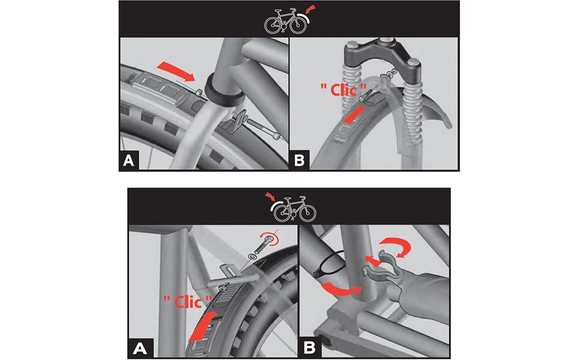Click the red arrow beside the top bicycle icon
(310, 10)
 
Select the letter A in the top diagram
(128, 160)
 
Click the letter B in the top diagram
(299, 160)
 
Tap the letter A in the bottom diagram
(140, 348)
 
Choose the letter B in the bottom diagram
(310, 348)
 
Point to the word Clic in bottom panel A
(187, 301)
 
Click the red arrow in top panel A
(176, 71)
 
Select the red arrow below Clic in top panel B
(353, 114)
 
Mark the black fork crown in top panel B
(383, 54)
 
